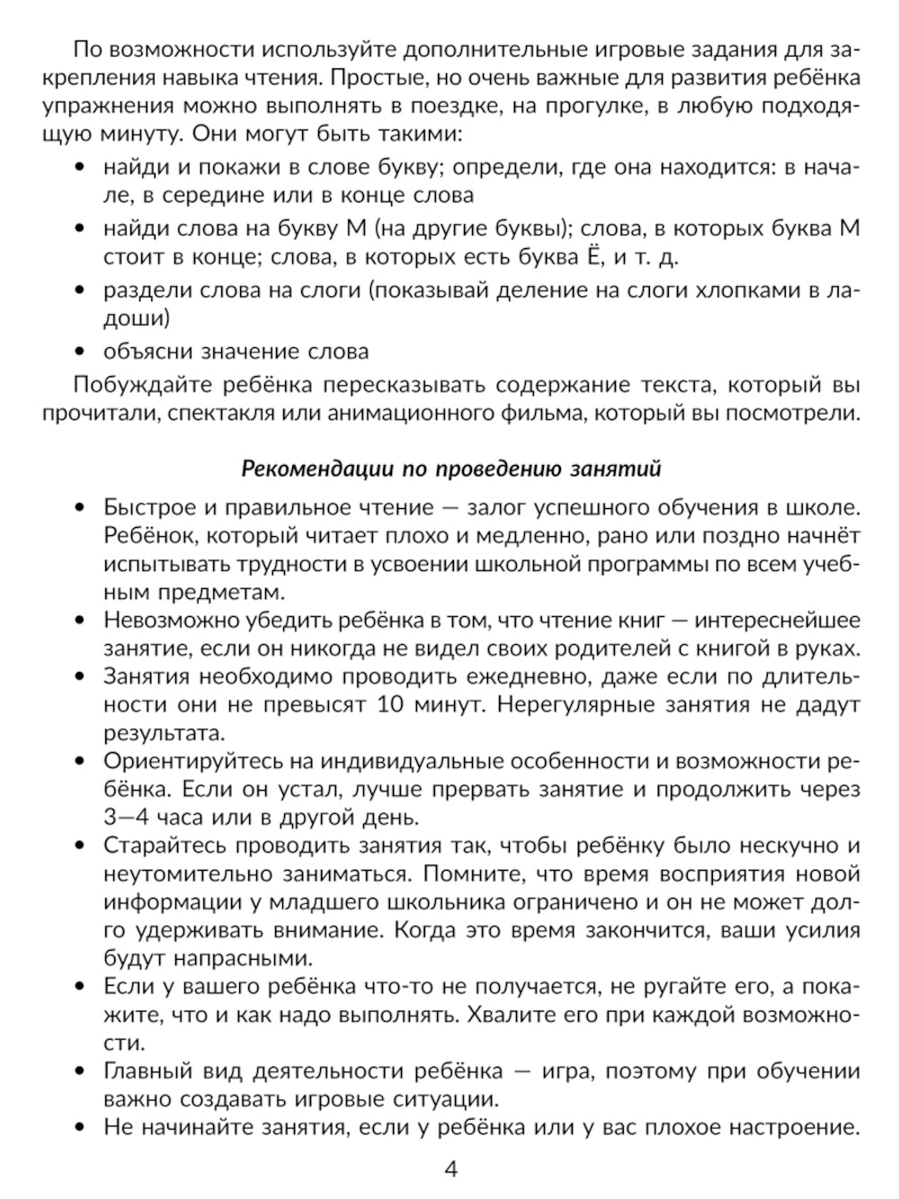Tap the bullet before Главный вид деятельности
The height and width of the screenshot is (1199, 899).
coord(82,1072)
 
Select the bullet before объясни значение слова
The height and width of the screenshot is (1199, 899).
coord(82,351)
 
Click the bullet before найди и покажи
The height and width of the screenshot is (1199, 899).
coord(82,167)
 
